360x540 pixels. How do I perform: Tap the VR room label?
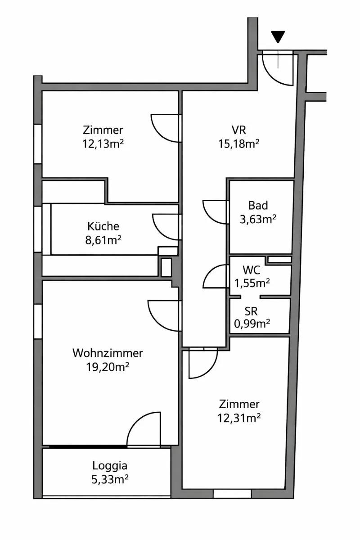238,130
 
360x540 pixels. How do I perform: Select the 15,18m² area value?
238,144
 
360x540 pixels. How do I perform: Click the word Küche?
103,226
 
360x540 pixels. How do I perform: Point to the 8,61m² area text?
103,240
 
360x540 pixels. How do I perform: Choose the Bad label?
258,205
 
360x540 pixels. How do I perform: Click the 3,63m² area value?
258,220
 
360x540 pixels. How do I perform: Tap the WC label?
252,270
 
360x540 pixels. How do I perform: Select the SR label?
251,311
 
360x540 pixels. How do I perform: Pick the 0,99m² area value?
252,324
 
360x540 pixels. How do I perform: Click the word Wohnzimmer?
108,353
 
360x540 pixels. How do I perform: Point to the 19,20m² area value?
108,367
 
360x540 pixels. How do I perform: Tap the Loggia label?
110,466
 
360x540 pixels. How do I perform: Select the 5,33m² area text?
110,479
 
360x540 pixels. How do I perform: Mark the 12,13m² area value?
103,144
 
